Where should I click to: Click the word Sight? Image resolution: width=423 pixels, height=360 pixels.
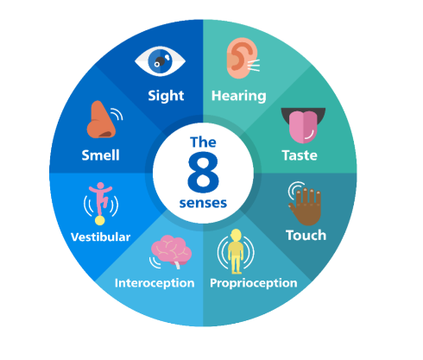coord(166,96)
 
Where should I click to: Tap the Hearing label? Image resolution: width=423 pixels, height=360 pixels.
coord(238,96)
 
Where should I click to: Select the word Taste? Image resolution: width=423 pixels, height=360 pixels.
coord(300,155)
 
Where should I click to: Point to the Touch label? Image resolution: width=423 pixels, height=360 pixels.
coord(306,235)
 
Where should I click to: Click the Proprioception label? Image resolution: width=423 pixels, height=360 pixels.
coord(254,283)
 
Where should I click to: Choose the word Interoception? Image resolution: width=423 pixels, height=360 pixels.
coord(155,283)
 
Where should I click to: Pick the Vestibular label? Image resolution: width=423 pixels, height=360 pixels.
coord(100,237)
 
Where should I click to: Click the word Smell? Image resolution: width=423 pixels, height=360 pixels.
coord(100,155)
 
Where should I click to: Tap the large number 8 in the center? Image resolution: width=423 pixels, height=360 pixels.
coord(203,172)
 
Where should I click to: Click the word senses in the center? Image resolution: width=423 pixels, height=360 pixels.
coord(203,203)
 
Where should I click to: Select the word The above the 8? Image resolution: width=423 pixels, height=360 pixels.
coord(203,142)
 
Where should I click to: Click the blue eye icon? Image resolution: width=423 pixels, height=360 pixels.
coord(160,61)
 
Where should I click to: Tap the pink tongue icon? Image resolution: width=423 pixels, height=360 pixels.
coord(303,125)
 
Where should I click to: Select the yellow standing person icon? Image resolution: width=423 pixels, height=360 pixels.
coord(236,251)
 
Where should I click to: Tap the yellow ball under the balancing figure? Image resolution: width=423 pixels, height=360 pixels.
coord(100,220)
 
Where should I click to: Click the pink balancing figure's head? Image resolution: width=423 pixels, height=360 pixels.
coord(100,186)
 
